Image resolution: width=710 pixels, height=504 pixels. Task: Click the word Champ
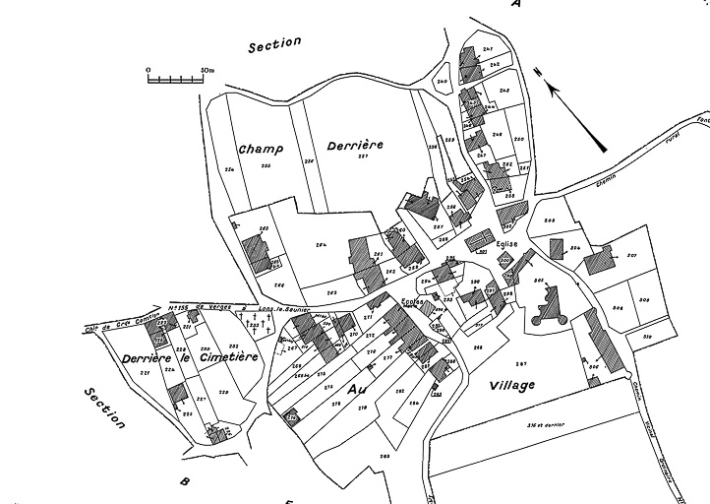coord(261,149)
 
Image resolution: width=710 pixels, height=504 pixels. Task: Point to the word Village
coord(511,385)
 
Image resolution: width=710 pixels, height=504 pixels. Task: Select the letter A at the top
coord(515,5)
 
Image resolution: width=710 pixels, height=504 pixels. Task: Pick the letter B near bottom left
coord(184,480)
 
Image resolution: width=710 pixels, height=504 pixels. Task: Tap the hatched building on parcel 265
coord(257,252)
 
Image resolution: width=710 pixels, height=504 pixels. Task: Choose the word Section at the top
coord(275,46)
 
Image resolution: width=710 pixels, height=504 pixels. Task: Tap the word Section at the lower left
coord(105,408)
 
